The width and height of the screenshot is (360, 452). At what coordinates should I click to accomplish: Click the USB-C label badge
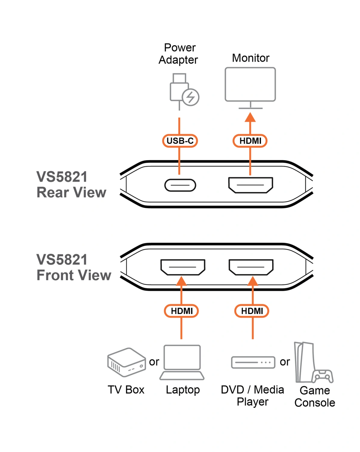(180, 141)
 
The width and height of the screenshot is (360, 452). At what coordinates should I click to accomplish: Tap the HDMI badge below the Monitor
(250, 141)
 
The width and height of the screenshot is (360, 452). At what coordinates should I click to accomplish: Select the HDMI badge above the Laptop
(182, 311)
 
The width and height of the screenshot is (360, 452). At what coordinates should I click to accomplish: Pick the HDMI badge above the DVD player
(252, 311)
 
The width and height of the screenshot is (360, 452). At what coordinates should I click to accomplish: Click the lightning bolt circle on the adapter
(191, 97)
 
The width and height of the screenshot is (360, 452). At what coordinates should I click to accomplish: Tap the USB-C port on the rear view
(180, 185)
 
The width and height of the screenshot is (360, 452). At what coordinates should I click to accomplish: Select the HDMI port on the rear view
(250, 185)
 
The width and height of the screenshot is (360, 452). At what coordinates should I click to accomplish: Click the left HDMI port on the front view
(183, 267)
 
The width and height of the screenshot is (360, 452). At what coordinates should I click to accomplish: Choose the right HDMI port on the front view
(251, 267)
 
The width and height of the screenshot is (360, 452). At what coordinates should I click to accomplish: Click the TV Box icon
(126, 362)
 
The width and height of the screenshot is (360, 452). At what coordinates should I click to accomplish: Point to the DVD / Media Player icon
(253, 362)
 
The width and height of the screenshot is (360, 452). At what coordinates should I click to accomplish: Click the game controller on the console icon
(322, 376)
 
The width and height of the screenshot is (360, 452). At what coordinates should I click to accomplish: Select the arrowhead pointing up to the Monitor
(250, 117)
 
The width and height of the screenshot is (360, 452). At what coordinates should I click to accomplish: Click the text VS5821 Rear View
(71, 184)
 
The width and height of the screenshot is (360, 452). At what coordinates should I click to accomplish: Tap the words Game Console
(315, 396)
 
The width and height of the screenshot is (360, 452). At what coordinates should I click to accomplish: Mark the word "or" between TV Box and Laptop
(154, 362)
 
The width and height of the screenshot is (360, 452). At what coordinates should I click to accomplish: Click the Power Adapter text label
(178, 54)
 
